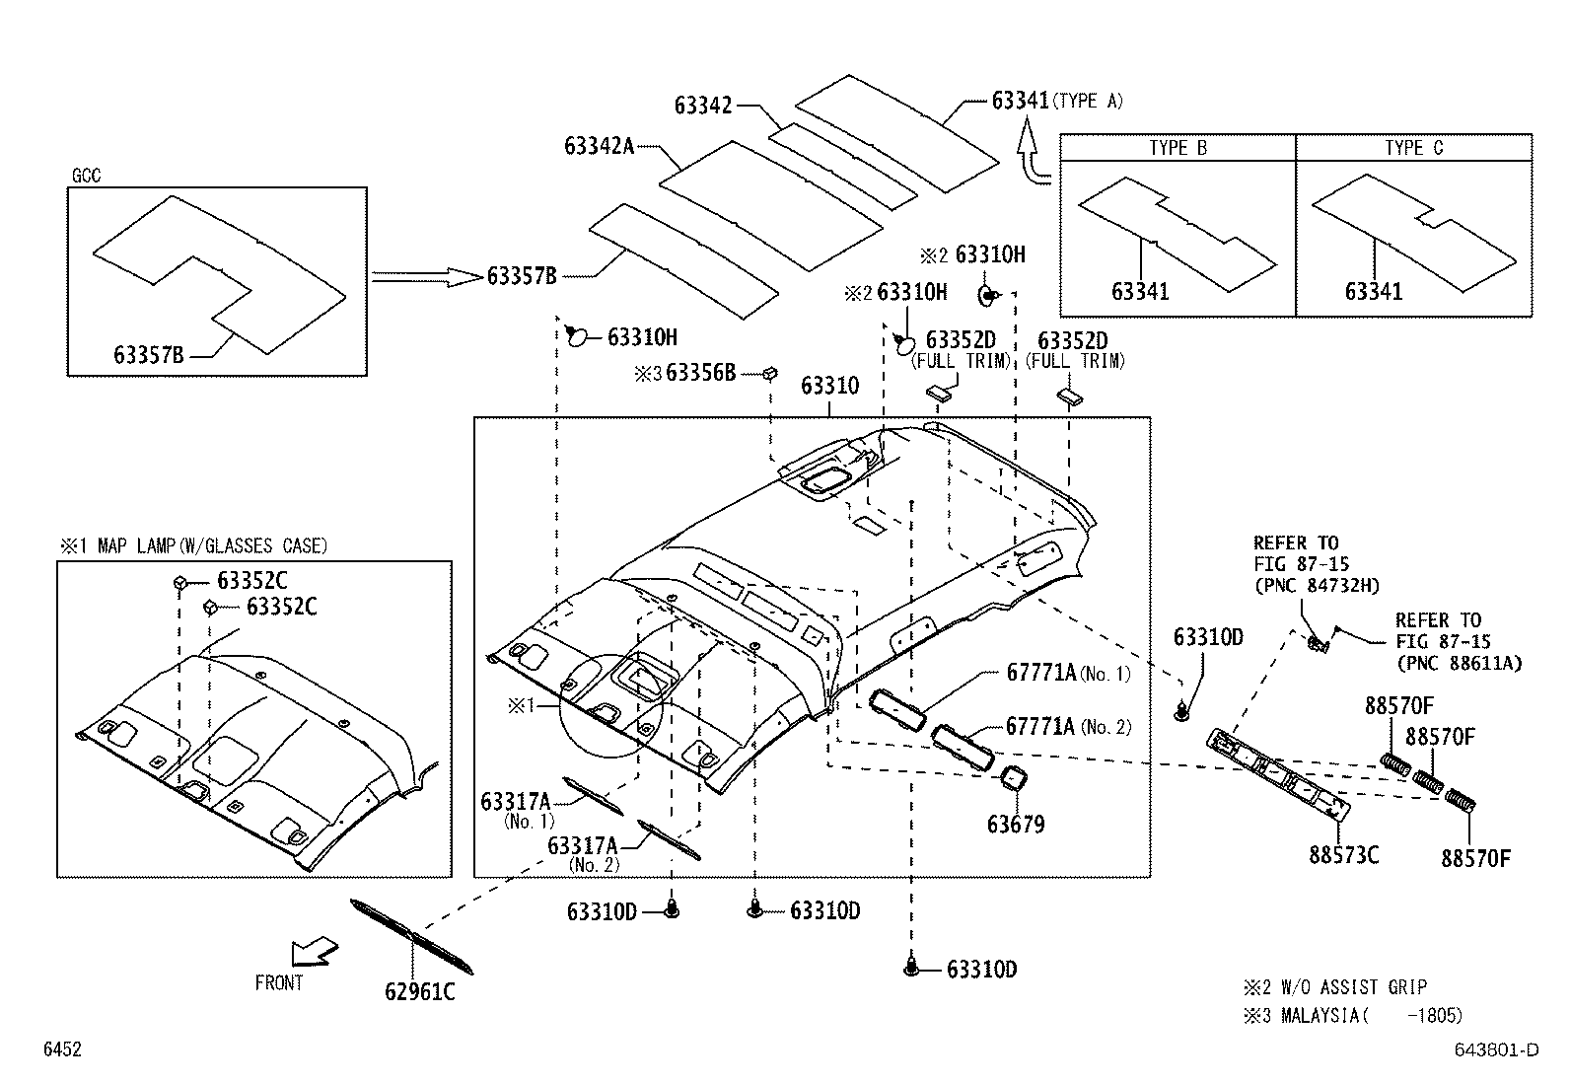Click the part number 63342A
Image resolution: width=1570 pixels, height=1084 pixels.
[x=599, y=146]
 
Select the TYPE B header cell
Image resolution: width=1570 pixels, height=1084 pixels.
[x=1177, y=148]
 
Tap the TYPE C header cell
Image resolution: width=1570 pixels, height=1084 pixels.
[x=1413, y=148]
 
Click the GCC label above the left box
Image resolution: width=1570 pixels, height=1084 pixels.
[x=86, y=177]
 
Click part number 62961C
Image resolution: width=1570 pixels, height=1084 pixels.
[x=419, y=991]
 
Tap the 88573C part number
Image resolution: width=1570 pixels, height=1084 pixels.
[x=1343, y=854]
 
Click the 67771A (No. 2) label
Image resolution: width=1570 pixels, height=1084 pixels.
[x=1068, y=727]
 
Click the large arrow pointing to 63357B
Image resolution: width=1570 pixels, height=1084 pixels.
[x=424, y=278]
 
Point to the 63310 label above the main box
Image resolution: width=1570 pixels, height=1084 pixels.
[x=829, y=385]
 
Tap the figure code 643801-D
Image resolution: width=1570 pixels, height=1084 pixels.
[x=1495, y=1049]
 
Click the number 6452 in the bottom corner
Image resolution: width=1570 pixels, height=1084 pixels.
[x=61, y=1049]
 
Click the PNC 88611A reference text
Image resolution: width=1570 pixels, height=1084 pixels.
[x=1458, y=663]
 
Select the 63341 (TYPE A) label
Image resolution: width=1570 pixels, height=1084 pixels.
[x=1056, y=101]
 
